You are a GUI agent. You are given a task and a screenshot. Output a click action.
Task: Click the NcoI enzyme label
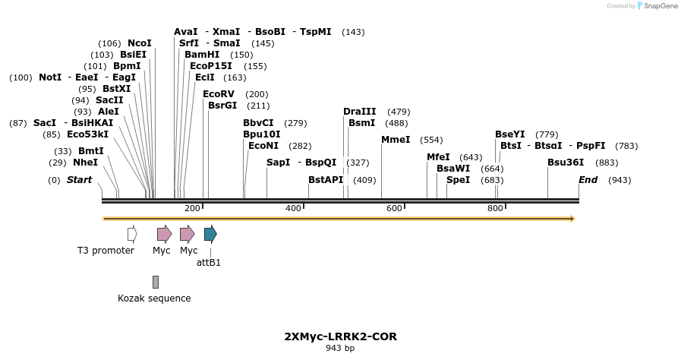(x=139, y=43)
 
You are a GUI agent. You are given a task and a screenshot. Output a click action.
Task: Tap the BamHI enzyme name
(x=201, y=55)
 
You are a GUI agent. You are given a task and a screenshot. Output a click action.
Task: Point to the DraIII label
(x=359, y=112)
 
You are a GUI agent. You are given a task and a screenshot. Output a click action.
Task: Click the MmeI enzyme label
(x=396, y=140)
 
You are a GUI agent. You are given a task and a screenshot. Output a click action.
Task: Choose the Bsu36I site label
(x=566, y=163)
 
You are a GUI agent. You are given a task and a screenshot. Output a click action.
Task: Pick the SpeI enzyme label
(x=458, y=180)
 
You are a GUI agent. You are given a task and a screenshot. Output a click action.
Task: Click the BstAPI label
(x=326, y=180)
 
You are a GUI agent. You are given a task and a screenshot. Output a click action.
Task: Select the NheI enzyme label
(x=85, y=163)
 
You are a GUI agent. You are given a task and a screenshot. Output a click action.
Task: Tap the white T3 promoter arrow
(x=132, y=234)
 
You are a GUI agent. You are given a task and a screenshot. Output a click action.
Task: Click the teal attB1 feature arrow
(x=210, y=234)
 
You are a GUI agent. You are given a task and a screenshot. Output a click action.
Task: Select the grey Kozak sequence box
(x=156, y=282)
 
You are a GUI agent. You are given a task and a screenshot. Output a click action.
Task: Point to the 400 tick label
(x=293, y=209)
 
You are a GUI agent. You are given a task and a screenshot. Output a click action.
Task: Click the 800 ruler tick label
(x=495, y=209)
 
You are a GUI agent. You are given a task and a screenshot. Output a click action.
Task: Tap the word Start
(x=79, y=180)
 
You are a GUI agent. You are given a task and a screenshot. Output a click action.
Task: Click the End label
(x=588, y=180)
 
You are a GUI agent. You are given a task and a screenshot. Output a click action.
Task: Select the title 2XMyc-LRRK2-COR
(x=340, y=336)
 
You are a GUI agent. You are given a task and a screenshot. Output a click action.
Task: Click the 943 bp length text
(x=340, y=349)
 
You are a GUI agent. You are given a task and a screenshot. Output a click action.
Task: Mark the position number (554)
(x=431, y=140)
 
